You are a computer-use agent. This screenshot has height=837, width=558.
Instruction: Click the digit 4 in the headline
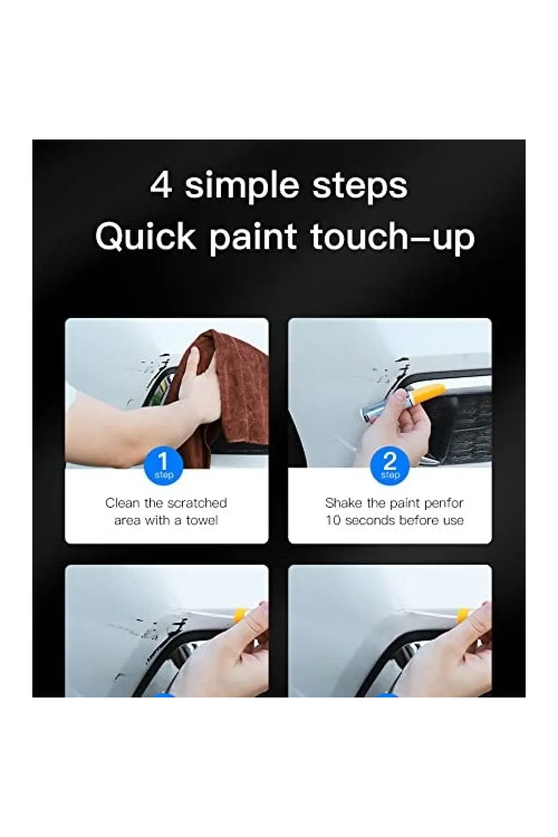161,185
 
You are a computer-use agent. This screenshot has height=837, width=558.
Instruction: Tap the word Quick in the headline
146,237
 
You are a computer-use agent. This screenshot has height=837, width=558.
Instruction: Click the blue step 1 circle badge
163,467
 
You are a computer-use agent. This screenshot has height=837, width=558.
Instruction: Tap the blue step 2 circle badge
390,467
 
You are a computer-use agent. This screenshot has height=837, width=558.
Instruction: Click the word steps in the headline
359,187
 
